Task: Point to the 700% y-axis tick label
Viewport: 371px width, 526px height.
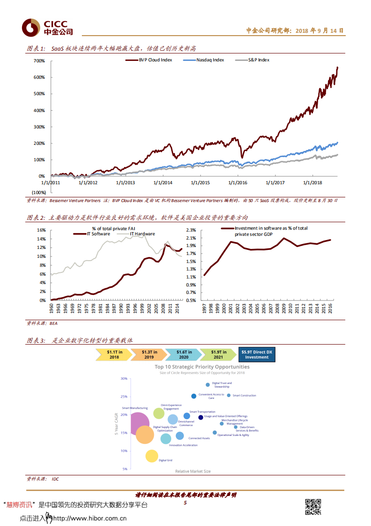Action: pos(39,61)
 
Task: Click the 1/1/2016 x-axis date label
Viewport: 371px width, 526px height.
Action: pos(238,183)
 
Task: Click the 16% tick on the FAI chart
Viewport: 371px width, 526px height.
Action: pos(41,230)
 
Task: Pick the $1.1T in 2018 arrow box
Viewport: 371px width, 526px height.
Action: pos(114,354)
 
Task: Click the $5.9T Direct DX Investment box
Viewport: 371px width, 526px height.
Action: pos(257,354)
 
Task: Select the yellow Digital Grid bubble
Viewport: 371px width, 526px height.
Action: pos(152,455)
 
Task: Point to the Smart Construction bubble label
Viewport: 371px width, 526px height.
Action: pos(244,396)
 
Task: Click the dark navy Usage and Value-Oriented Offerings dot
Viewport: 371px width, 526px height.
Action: pos(201,417)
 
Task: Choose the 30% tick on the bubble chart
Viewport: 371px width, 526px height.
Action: pos(124,378)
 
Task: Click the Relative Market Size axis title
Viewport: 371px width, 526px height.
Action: pos(193,471)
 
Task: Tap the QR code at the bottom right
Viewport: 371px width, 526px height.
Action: pos(313,507)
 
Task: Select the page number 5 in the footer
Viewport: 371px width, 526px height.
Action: pos(185,503)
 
